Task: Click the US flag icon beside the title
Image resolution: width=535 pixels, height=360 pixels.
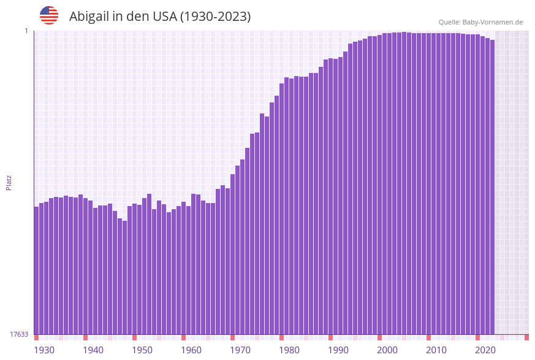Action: pyautogui.click(x=49, y=15)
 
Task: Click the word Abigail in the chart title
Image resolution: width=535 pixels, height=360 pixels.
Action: pyautogui.click(x=90, y=17)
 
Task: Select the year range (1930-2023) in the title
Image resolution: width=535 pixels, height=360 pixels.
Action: pyautogui.click(x=214, y=17)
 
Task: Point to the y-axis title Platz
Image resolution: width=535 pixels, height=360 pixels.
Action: pyautogui.click(x=9, y=182)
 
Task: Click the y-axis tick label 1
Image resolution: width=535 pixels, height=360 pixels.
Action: pyautogui.click(x=26, y=31)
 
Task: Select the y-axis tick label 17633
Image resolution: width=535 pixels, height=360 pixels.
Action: pyautogui.click(x=19, y=334)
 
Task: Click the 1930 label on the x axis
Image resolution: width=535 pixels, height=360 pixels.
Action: pyautogui.click(x=44, y=350)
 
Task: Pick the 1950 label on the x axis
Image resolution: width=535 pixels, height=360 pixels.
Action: pyautogui.click(x=142, y=350)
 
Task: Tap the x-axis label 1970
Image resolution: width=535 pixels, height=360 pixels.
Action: pyautogui.click(x=240, y=350)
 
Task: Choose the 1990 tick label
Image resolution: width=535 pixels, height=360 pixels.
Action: pyautogui.click(x=338, y=350)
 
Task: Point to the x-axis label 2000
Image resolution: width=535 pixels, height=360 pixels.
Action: pyautogui.click(x=387, y=350)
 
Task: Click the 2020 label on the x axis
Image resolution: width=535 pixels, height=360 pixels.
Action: pyautogui.click(x=485, y=350)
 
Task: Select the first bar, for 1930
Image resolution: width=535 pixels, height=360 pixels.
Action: pyautogui.click(x=36, y=270)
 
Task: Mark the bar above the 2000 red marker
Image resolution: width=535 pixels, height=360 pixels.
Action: pyautogui.click(x=380, y=184)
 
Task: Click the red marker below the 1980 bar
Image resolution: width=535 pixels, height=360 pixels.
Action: pyautogui.click(x=281, y=337)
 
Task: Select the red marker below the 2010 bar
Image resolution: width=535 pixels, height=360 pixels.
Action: pyautogui.click(x=428, y=337)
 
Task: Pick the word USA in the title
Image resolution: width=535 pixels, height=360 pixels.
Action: pyautogui.click(x=163, y=17)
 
